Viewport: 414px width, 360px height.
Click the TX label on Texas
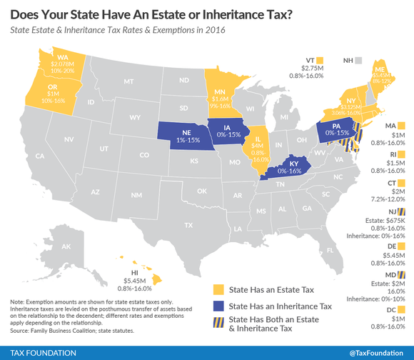point(188,225)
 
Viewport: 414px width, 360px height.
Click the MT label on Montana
point(128,82)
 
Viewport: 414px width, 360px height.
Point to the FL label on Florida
point(330,250)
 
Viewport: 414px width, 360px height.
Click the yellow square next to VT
point(320,59)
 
